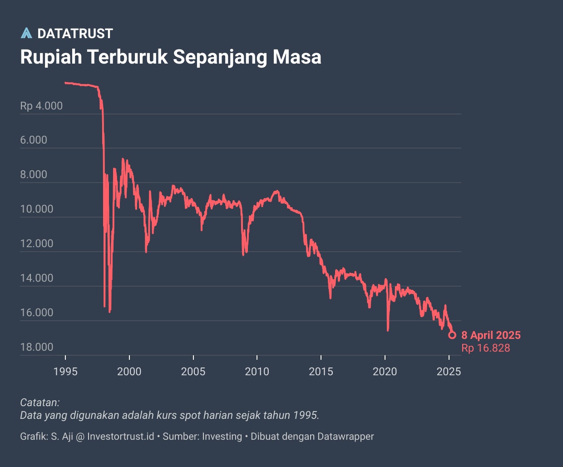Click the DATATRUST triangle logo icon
click(x=26, y=33)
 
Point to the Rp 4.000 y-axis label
click(x=41, y=106)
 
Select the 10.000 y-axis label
click(x=37, y=209)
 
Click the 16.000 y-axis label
click(x=37, y=313)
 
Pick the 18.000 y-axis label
click(x=37, y=347)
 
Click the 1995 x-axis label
click(x=65, y=372)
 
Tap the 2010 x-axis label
click(x=257, y=372)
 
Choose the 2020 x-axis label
click(x=385, y=372)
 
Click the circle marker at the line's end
click(x=452, y=335)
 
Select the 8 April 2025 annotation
click(x=491, y=335)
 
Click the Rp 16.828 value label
click(x=486, y=348)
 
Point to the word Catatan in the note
click(x=40, y=402)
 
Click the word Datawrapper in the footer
click(x=346, y=437)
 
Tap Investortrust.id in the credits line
click(x=120, y=437)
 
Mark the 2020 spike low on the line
click(x=388, y=329)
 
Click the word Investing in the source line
click(x=222, y=437)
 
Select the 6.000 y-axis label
click(x=34, y=140)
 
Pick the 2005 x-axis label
click(x=193, y=372)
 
